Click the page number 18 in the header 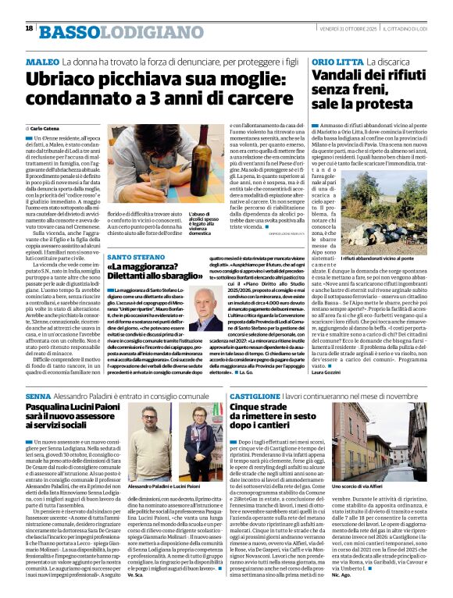29,29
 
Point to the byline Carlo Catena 48,128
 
